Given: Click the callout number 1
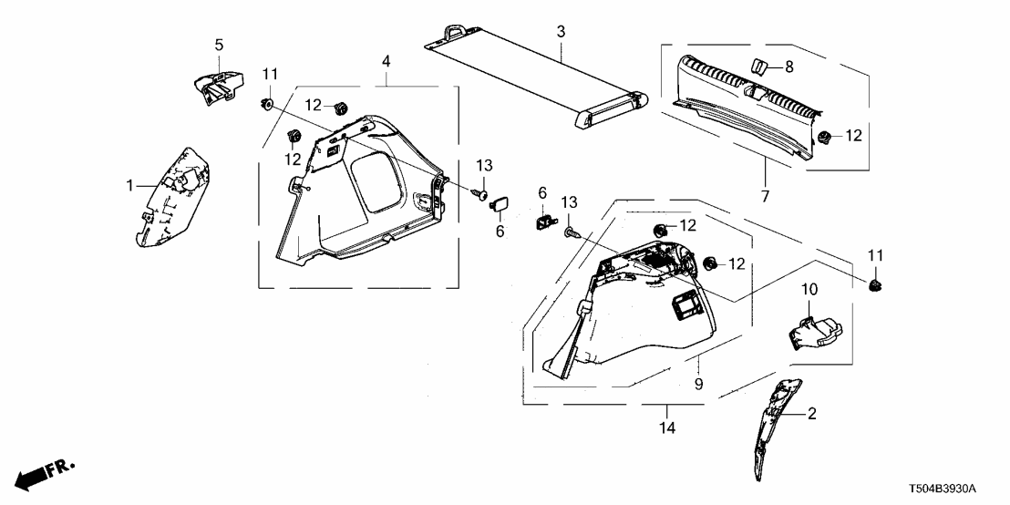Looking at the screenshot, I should tap(130, 185).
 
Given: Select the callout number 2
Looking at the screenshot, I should tap(811, 414).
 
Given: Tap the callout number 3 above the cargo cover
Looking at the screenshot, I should tap(561, 32).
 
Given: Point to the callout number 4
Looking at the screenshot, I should tap(386, 61).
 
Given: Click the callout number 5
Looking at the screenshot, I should tap(219, 45).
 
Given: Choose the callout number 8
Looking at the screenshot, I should tap(789, 67).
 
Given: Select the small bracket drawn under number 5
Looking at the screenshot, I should tap(219, 83).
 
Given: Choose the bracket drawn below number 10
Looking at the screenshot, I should tap(813, 331).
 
